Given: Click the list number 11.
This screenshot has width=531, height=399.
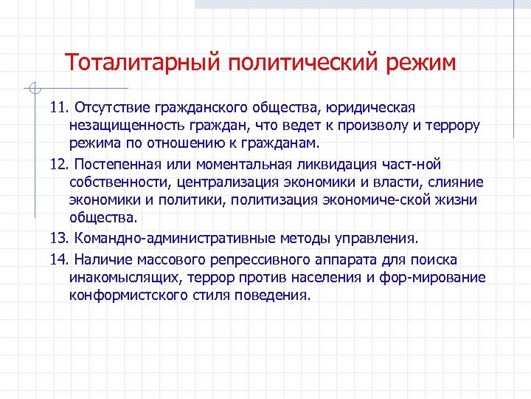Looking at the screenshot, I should (59, 109).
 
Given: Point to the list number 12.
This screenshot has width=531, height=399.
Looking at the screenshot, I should (59, 164).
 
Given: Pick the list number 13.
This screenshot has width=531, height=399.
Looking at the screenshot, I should (59, 239).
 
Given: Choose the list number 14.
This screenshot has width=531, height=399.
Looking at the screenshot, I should (59, 260).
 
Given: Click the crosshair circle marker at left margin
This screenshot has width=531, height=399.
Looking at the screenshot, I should (31, 89).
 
